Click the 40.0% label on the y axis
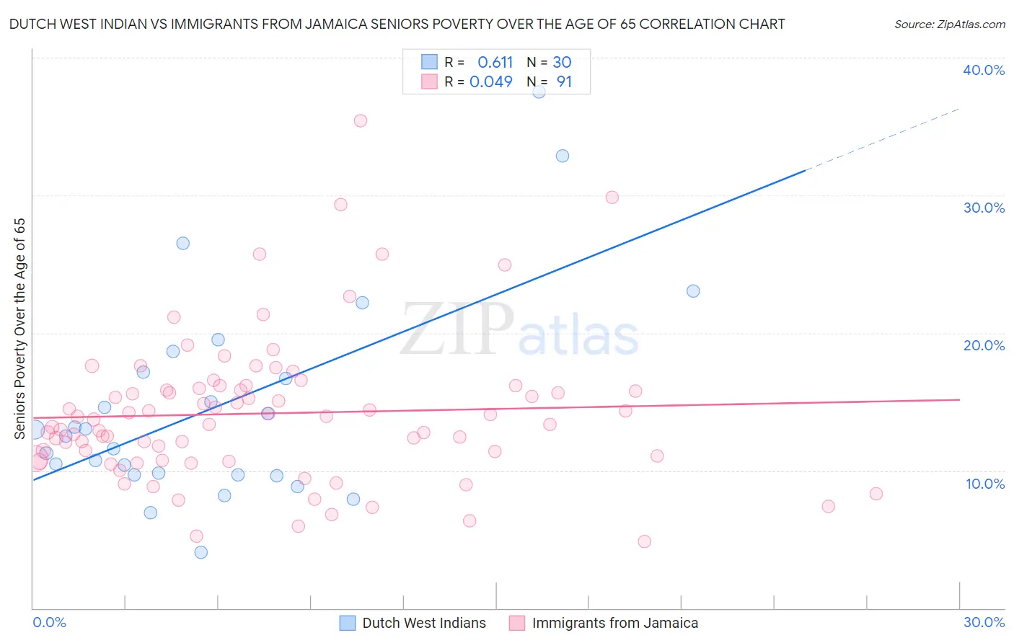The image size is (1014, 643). pyautogui.click(x=984, y=70)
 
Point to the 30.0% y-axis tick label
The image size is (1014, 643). pyautogui.click(x=984, y=208)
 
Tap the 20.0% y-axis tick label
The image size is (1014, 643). pyautogui.click(x=984, y=345)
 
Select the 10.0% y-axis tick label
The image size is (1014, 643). pyautogui.click(x=985, y=484)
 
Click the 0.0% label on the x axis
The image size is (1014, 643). pyautogui.click(x=49, y=622)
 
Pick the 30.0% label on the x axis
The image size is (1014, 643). pyautogui.click(x=984, y=622)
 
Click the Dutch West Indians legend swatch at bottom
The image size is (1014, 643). pyautogui.click(x=348, y=623)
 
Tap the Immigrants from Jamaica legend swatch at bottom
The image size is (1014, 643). pyautogui.click(x=517, y=623)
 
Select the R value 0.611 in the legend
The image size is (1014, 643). pyautogui.click(x=495, y=62)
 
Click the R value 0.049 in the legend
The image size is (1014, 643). pyautogui.click(x=491, y=81)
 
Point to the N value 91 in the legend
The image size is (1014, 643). pyautogui.click(x=564, y=81)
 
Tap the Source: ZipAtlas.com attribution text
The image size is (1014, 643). pyautogui.click(x=950, y=24)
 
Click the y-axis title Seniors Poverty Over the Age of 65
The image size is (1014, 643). pyautogui.click(x=19, y=328)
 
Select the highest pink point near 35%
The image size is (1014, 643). pyautogui.click(x=361, y=120)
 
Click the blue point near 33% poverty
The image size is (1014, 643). pyautogui.click(x=563, y=156)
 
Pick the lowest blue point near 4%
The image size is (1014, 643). pyautogui.click(x=201, y=552)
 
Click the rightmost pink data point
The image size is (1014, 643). pyautogui.click(x=876, y=494)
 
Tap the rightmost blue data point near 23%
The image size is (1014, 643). pyautogui.click(x=693, y=291)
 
